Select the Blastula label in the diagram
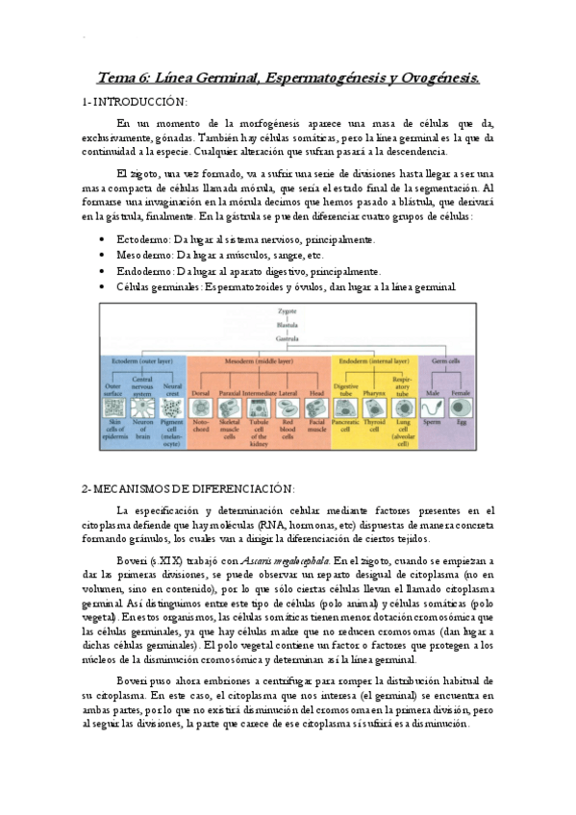pyautogui.click(x=288, y=325)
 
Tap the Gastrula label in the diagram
pyautogui.click(x=288, y=337)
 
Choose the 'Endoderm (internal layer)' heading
pyautogui.click(x=370, y=360)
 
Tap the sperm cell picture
pyautogui.click(x=432, y=407)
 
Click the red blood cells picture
pyautogui.click(x=286, y=407)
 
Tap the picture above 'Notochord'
pyautogui.click(x=201, y=407)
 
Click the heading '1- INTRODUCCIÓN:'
pyautogui.click(x=136, y=101)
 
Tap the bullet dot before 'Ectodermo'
pyautogui.click(x=103, y=240)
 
